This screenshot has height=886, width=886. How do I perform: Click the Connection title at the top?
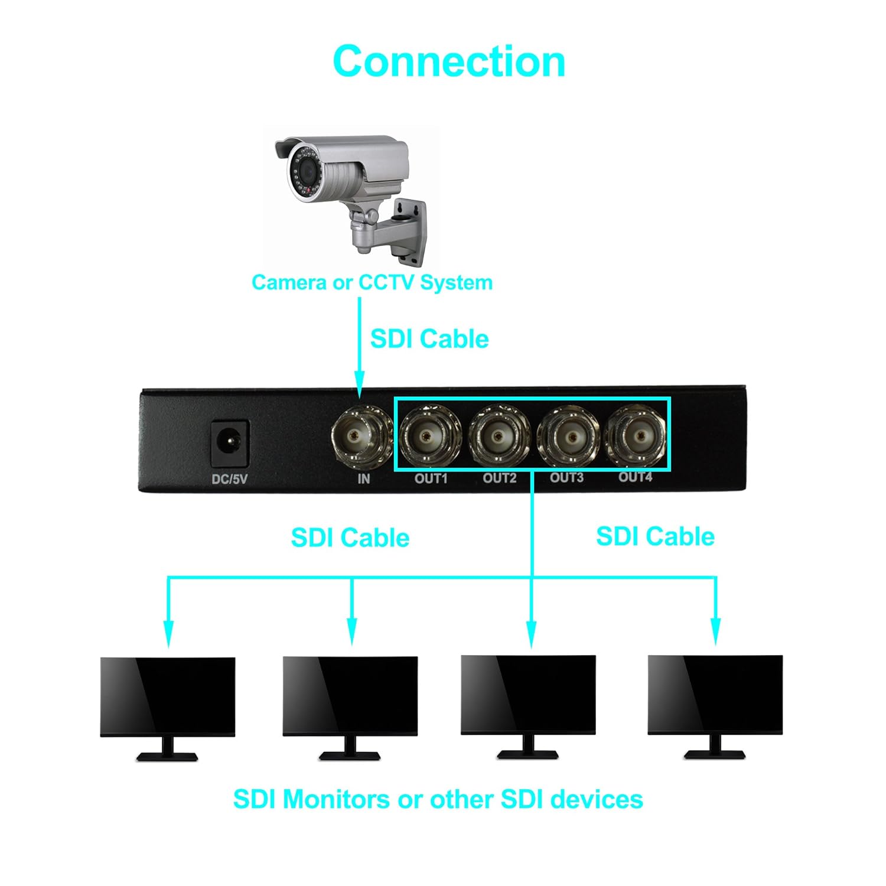click(449, 61)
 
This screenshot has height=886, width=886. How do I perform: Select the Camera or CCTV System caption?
click(372, 282)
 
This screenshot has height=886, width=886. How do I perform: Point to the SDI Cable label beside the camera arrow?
click(429, 339)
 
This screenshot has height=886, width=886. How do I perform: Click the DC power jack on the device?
click(229, 441)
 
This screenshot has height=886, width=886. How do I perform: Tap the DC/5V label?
click(229, 478)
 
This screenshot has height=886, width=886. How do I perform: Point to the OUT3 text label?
click(567, 477)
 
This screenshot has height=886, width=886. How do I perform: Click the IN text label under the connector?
click(363, 478)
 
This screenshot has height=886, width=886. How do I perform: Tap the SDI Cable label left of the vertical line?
click(350, 538)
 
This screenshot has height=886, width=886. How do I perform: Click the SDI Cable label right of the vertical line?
click(655, 536)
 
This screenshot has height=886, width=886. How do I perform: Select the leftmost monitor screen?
click(168, 696)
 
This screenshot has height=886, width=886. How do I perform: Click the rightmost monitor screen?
click(715, 694)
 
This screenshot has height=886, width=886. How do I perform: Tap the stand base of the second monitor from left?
click(350, 755)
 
